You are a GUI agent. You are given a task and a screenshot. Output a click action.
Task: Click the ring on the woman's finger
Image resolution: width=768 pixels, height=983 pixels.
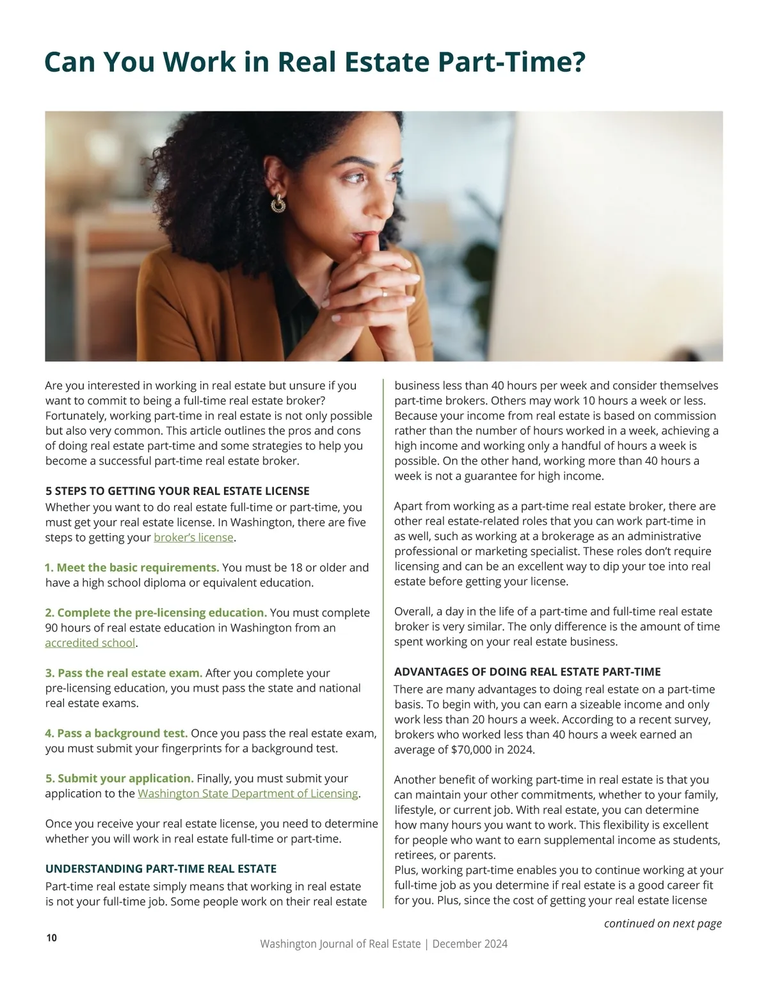[383, 293]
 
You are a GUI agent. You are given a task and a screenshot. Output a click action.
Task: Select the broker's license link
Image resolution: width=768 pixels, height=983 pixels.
[193, 537]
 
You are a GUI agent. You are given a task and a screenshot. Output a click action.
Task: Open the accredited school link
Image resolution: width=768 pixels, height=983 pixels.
[90, 643]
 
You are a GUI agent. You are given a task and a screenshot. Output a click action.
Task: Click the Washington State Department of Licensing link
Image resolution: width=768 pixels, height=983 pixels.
[248, 793]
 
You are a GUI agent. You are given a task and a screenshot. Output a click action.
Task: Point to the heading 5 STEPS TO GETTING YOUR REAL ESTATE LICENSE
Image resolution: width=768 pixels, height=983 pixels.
[177, 491]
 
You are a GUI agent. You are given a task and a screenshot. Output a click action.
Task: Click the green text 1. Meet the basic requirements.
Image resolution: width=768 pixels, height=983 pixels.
[132, 567]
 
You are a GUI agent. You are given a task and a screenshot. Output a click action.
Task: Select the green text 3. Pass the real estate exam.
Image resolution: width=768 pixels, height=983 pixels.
[124, 673]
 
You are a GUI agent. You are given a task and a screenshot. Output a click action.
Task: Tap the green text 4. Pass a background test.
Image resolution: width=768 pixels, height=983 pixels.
[116, 733]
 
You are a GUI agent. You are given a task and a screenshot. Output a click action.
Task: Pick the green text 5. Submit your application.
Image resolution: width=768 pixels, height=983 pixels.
[119, 779]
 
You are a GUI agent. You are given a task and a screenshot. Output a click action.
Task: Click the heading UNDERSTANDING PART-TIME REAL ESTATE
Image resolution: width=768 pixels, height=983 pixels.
[161, 869]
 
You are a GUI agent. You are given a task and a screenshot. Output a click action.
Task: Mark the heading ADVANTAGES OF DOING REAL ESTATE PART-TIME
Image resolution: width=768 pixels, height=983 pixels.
[527, 672]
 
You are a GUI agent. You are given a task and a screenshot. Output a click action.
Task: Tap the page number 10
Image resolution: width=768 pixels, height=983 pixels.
[52, 938]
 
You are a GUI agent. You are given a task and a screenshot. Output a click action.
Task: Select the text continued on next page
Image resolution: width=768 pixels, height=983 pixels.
[662, 923]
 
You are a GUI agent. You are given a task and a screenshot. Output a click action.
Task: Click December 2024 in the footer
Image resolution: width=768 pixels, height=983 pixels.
[470, 944]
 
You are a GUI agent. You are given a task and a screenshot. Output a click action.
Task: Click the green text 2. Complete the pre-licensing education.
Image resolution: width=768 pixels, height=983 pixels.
[156, 613]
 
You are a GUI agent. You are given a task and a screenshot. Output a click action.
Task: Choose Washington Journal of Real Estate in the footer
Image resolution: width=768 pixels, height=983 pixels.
[340, 944]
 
